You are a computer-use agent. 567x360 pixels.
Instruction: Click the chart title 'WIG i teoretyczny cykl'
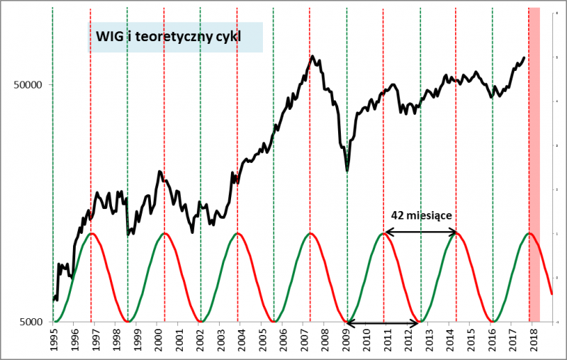pos(174,37)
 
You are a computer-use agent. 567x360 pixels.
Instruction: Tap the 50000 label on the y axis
pos(29,84)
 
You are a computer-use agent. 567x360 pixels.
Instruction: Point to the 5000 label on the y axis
pos(32,322)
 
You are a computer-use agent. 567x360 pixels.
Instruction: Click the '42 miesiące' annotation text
pos(421,215)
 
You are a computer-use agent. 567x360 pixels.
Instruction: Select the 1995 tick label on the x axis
pos(54,339)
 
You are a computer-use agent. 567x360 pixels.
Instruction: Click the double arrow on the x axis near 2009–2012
pos(383,324)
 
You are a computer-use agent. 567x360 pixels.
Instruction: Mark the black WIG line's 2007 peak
pos(313,55)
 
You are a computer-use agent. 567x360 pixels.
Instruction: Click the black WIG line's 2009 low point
pos(347,171)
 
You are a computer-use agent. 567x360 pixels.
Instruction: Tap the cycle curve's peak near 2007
pos(310,232)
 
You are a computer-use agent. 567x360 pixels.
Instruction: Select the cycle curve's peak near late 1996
pos(91,232)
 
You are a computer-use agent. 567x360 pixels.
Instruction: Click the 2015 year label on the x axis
pos(471,339)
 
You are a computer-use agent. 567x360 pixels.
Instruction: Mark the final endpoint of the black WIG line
pos(524,58)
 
